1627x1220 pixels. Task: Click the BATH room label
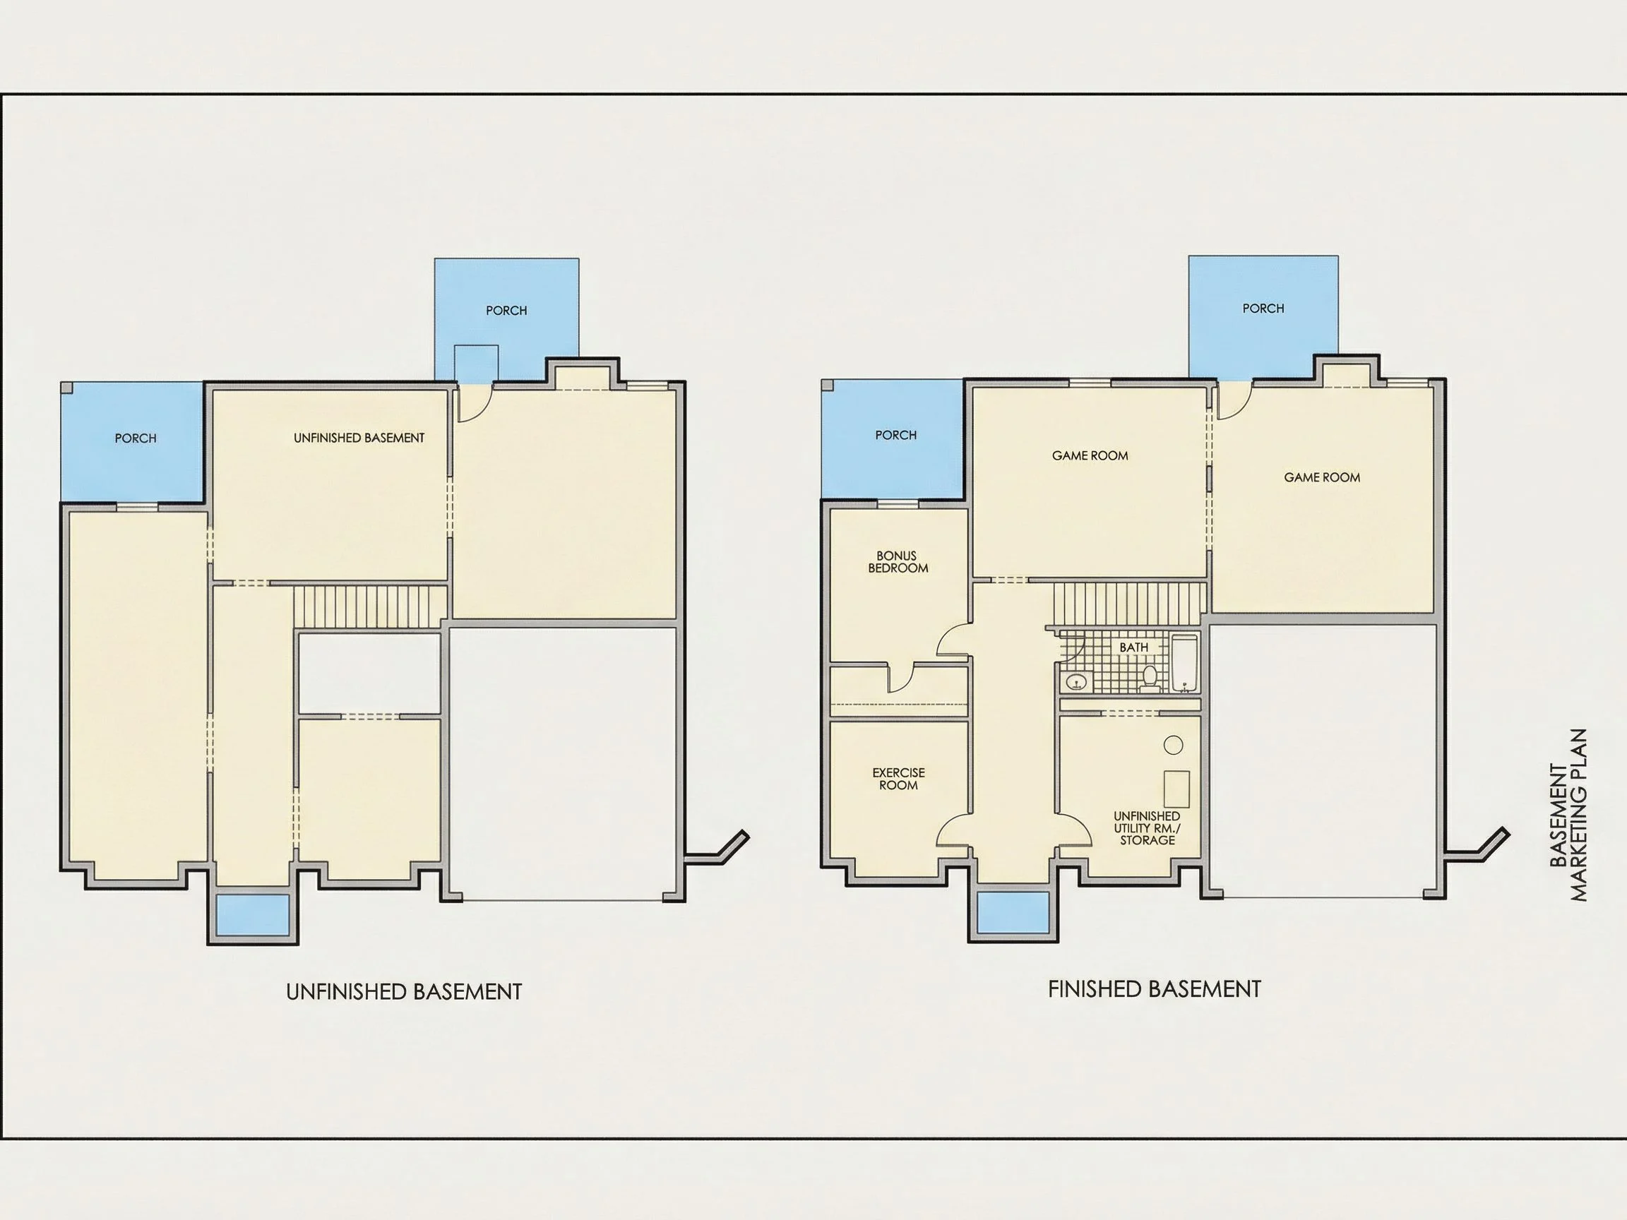point(1133,647)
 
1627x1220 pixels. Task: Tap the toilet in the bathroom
point(1150,678)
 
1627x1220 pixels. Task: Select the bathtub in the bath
point(1185,664)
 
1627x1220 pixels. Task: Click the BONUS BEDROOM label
point(898,562)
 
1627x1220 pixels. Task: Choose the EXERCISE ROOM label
point(898,779)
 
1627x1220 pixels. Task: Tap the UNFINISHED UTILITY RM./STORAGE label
point(1147,828)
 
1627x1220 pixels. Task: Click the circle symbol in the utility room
point(1173,745)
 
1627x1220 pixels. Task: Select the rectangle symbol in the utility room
point(1177,789)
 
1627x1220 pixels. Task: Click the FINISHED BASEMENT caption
point(1154,989)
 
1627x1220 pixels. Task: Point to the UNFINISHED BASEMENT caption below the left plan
point(404,992)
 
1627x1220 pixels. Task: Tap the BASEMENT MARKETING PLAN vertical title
point(1568,815)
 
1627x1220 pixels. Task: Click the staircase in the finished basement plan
point(1129,603)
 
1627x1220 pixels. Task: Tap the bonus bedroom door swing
point(953,639)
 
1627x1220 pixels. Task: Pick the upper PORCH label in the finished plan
point(1263,308)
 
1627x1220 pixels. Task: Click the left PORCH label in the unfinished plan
point(136,438)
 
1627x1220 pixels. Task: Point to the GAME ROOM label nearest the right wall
point(1322,477)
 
